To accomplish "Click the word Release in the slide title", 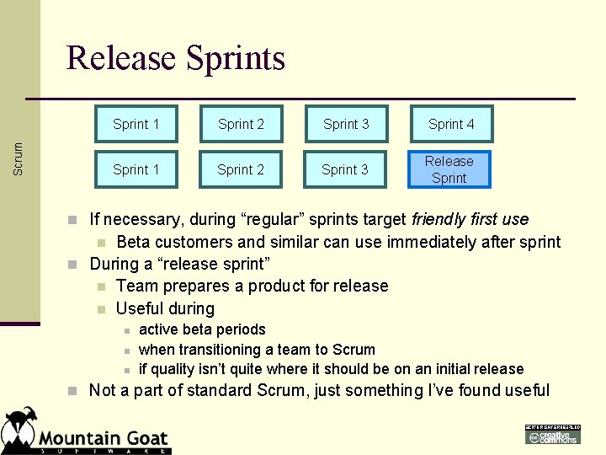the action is pos(121,58).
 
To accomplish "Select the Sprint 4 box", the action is pos(451,124).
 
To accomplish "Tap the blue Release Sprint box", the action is pos(449,169).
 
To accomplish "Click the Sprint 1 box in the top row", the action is pos(136,124).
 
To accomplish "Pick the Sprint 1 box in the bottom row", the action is pos(136,169).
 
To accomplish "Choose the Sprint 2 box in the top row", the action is pos(241,124).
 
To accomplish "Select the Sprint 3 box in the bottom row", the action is pos(345,169).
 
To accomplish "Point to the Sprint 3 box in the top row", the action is pos(346,124).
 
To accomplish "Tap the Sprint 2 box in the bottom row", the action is pos(241,169).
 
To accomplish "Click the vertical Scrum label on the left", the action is pos(19,158).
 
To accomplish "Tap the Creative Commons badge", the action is pos(553,435).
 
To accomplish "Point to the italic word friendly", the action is pos(441,220).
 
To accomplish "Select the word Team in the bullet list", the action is pos(136,286).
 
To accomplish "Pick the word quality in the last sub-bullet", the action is pos(174,369).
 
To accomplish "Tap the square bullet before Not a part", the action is pos(74,391).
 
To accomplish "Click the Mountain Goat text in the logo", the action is pos(104,439).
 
